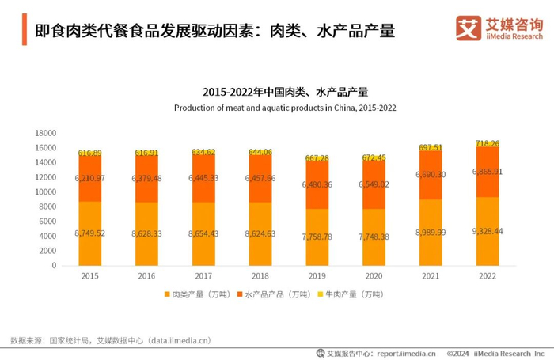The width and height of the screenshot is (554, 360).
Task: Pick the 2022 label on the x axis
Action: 488,276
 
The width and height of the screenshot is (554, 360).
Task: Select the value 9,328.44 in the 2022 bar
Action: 488,230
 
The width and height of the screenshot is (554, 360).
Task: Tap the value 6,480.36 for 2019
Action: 318,184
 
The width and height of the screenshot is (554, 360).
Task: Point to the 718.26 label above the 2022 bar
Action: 488,143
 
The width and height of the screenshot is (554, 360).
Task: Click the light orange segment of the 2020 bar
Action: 374,237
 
